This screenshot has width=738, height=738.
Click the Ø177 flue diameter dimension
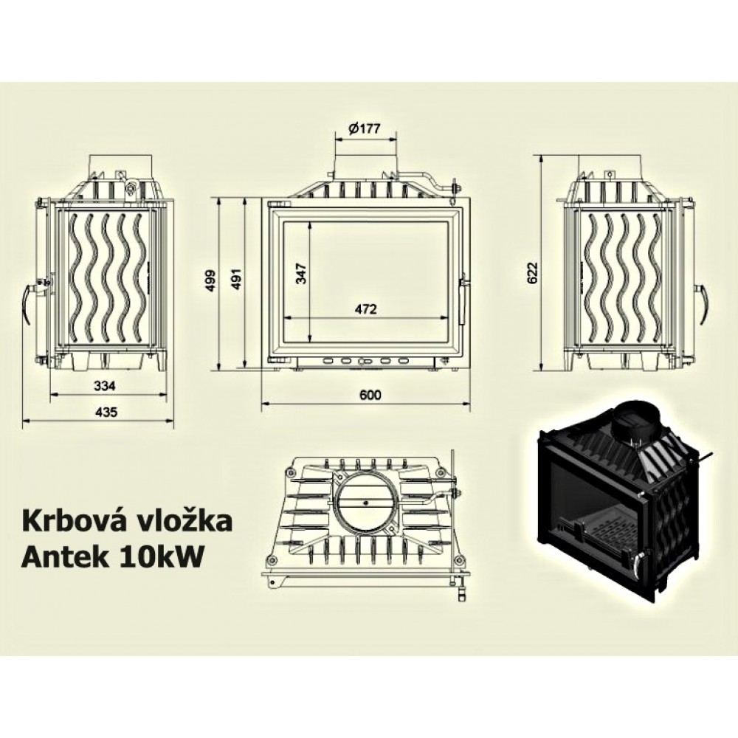click(365, 128)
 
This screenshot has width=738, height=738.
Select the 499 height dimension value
click(211, 280)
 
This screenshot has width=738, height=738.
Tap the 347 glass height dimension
click(301, 273)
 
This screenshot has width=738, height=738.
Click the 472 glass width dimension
click(366, 309)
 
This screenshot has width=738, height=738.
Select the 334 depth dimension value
click(105, 386)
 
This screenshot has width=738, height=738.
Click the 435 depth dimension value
click(106, 412)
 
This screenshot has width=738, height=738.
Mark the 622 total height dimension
click(532, 272)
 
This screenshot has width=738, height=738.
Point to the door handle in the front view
click(464, 301)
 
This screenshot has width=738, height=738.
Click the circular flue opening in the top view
click(366, 502)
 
